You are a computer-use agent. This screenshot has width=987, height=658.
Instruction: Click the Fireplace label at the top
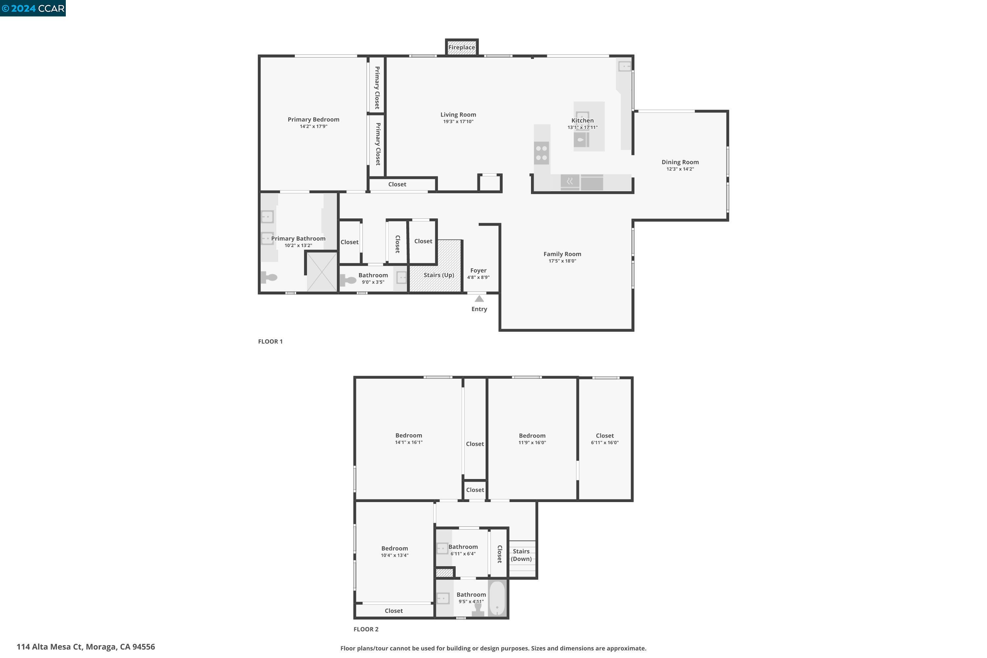pos(461,47)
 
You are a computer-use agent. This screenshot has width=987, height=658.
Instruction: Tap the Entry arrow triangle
pos(479,299)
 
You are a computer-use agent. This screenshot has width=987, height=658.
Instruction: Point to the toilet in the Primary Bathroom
pos(269,277)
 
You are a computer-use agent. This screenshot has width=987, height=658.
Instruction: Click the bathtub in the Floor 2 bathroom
pos(497,598)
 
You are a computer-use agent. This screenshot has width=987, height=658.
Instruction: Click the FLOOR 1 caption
pos(270,342)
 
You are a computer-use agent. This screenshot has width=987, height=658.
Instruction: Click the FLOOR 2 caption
pos(366,629)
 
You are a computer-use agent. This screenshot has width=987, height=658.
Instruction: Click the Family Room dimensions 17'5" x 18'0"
pos(562,261)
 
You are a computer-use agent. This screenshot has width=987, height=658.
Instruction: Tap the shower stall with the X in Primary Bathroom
pos(322,271)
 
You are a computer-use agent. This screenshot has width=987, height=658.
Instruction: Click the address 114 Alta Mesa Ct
pos(86,647)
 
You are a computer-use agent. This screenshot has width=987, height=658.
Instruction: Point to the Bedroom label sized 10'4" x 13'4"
pos(394,548)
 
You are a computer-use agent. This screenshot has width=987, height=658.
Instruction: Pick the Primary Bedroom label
pos(313,120)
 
